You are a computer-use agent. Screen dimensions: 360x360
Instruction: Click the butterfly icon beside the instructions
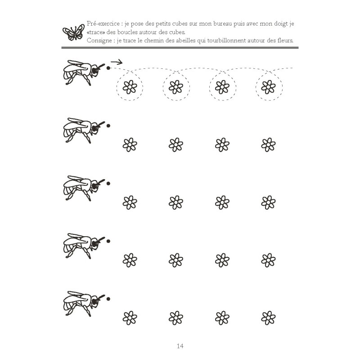[72, 32]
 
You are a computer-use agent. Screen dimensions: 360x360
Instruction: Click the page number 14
[180, 346]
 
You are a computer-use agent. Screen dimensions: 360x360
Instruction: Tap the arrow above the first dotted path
[117, 62]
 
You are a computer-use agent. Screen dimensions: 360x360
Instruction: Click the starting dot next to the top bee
[108, 68]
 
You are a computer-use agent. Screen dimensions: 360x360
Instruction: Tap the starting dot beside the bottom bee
[108, 299]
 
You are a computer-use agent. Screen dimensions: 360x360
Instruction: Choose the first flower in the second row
[130, 144]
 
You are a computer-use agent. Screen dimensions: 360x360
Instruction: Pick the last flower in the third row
[269, 202]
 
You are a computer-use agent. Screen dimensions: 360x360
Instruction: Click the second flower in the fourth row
[176, 260]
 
